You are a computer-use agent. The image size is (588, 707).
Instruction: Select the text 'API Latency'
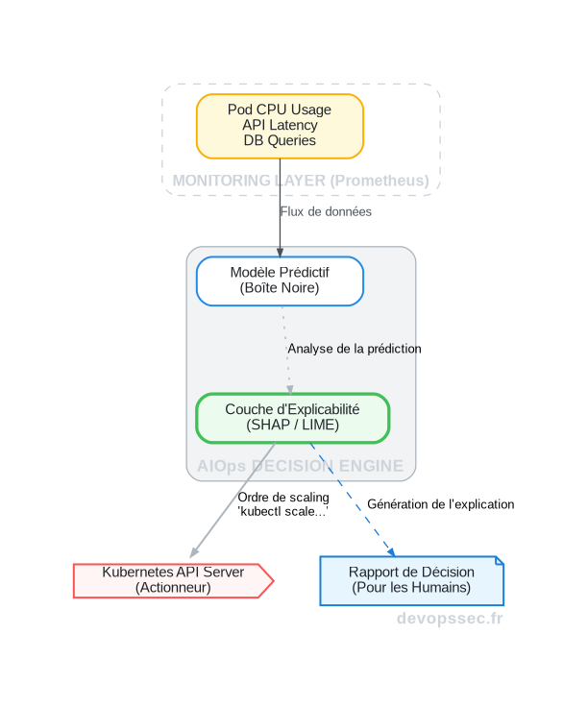[280, 126]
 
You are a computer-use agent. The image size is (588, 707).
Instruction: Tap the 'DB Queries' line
[280, 141]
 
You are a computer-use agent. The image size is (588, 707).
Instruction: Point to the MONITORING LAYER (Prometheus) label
[300, 181]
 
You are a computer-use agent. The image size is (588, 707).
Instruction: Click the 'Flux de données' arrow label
[326, 211]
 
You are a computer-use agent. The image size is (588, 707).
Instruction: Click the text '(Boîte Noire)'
[280, 287]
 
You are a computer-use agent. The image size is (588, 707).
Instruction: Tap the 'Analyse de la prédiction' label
[354, 349]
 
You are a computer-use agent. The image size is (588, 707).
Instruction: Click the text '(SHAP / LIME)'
[292, 425]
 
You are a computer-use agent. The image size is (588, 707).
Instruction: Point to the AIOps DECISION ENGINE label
[300, 466]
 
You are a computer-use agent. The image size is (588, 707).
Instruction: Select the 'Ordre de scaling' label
[283, 498]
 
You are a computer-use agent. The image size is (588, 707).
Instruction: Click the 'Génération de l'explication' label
[440, 503]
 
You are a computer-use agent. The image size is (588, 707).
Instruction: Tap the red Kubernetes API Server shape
[173, 580]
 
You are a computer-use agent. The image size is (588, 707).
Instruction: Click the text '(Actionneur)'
[173, 588]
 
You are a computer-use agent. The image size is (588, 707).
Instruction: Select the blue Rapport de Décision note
[410, 580]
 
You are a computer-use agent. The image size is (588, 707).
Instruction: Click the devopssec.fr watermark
[450, 619]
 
